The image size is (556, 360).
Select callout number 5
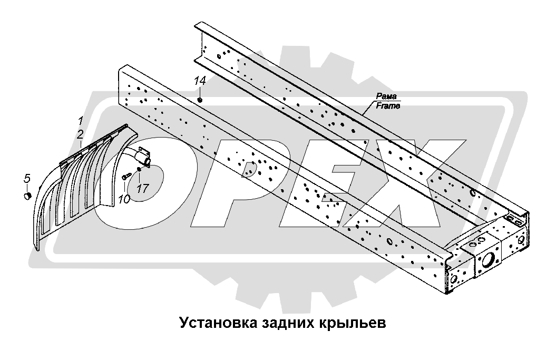27,179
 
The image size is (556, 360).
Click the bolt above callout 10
126,176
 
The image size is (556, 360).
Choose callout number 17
142,188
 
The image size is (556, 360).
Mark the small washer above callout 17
139,169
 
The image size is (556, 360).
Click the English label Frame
388,105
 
